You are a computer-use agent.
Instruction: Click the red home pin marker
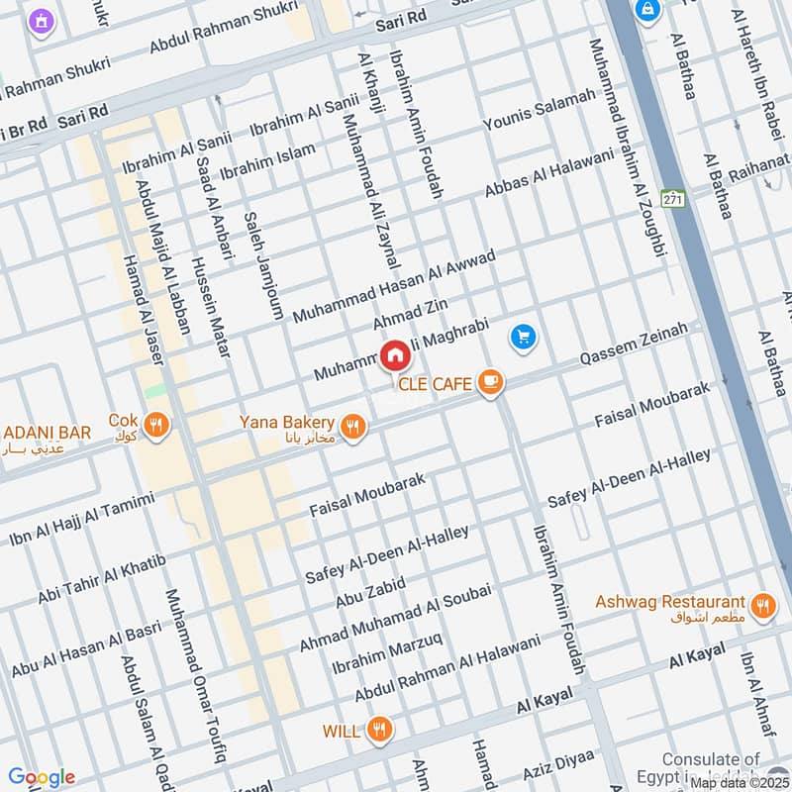[x=394, y=355]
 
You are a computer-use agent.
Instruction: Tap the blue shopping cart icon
[x=524, y=339]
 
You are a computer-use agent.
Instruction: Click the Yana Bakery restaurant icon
[x=353, y=427]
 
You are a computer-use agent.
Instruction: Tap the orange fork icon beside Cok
[x=155, y=427]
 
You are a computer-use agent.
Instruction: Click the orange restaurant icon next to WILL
[x=378, y=732]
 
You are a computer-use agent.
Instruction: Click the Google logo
[x=42, y=777]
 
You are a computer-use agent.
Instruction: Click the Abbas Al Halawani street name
[x=549, y=175]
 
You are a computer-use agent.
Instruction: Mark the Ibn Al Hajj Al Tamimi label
[x=82, y=518]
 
